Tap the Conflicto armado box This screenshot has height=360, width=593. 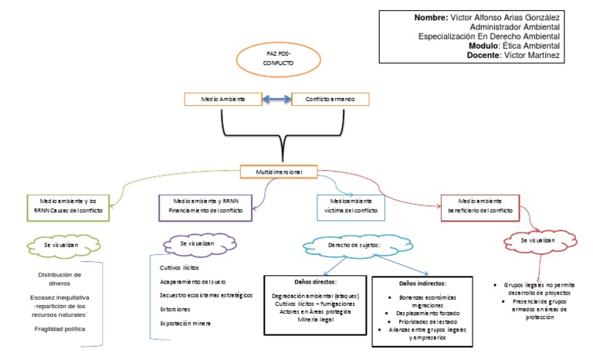coord(330,100)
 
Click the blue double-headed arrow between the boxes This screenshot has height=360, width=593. coord(276,100)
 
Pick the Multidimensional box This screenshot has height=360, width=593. coord(279,171)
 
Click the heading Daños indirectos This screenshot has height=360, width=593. coord(422,284)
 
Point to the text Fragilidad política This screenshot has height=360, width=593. coord(59,329)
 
